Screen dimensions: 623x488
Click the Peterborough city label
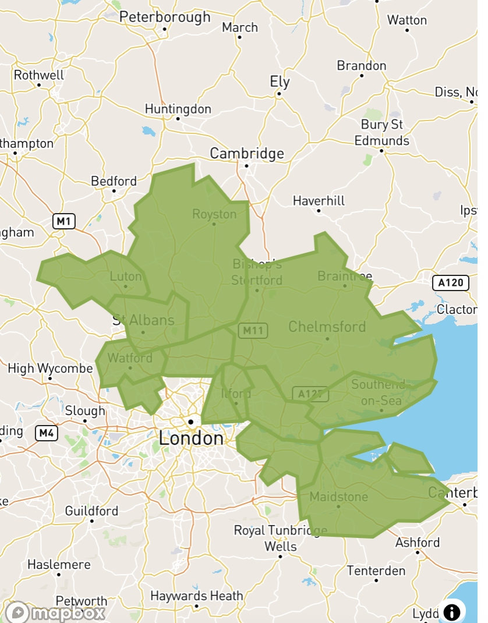pos(165,17)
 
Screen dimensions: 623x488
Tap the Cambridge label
pos(247,154)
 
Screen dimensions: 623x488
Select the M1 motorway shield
pos(64,221)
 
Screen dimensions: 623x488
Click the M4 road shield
pos(47,433)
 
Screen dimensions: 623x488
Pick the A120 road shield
pos(451,284)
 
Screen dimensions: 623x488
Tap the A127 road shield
pos(310,394)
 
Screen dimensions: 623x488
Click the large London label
pos(191,438)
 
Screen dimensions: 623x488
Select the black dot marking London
pos(190,422)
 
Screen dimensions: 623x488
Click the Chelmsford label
pos(327,326)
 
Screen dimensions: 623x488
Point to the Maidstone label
pos(339,497)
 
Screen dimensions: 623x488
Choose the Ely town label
pos(280,82)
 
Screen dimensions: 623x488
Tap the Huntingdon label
pos(178,109)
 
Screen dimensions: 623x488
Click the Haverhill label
pos(319,201)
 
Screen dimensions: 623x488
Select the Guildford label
pos(91,511)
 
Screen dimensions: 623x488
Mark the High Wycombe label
pos(50,369)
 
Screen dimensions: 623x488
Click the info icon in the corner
pos(452,612)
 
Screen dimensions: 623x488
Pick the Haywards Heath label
pos(196,596)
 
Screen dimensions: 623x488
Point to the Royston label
pos(214,214)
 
